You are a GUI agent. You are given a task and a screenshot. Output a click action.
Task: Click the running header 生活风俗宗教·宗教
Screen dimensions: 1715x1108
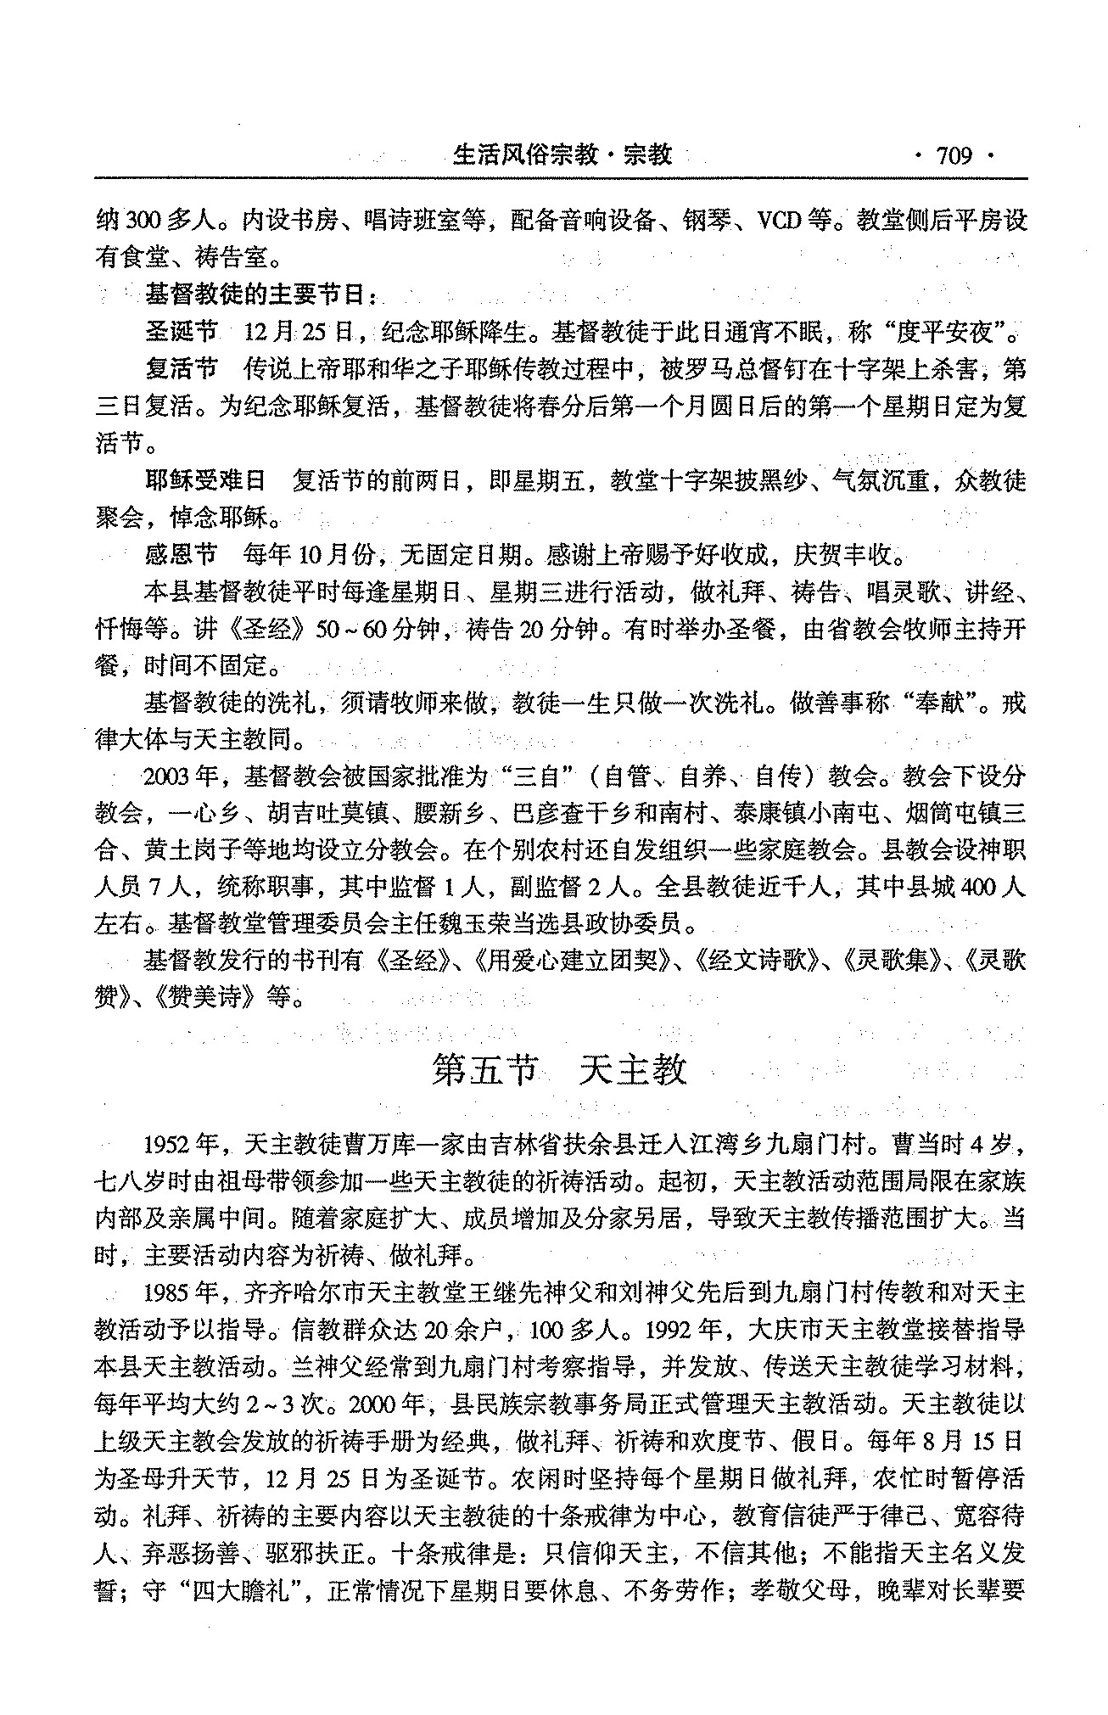[x=563, y=154]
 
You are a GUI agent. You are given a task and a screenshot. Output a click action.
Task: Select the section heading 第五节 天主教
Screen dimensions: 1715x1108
[x=558, y=1070]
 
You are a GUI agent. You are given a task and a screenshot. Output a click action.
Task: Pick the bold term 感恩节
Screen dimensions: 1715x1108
[x=182, y=556]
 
